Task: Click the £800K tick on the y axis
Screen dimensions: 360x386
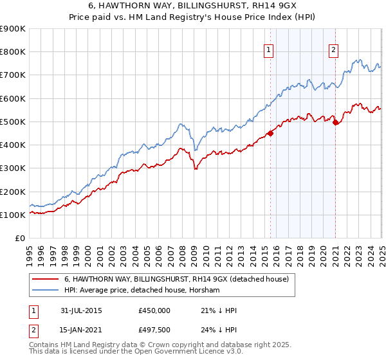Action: point(14,52)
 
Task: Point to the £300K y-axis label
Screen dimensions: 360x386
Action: point(14,168)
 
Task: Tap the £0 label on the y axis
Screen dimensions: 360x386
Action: point(20,239)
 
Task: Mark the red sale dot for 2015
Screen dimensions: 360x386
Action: point(270,134)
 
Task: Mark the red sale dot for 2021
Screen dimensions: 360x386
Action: point(336,123)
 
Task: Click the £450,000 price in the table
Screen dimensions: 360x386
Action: point(154,310)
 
